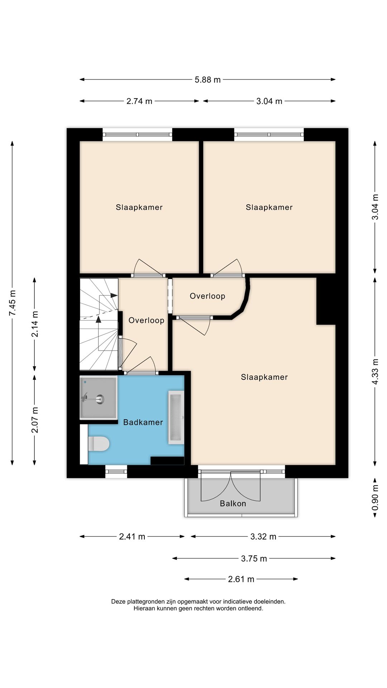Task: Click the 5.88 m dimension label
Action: coord(207,80)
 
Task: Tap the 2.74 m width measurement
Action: coord(139,101)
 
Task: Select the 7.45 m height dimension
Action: coord(13,303)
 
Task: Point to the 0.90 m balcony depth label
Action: coord(375,498)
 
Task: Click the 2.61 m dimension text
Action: coord(241,579)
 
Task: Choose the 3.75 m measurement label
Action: coord(254,558)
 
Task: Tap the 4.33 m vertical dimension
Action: coord(375,372)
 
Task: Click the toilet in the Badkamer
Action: coord(99,444)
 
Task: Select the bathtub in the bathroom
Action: coord(176,417)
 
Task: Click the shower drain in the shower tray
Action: coord(100,398)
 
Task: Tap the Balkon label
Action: coord(233,503)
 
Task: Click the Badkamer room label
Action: coord(143,422)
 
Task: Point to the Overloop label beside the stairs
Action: coord(146,320)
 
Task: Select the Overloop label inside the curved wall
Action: coord(207,296)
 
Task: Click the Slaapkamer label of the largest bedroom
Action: coord(264,377)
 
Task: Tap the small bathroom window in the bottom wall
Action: coord(116,472)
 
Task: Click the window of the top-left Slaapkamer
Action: coord(137,135)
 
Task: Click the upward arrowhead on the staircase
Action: coord(99,319)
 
